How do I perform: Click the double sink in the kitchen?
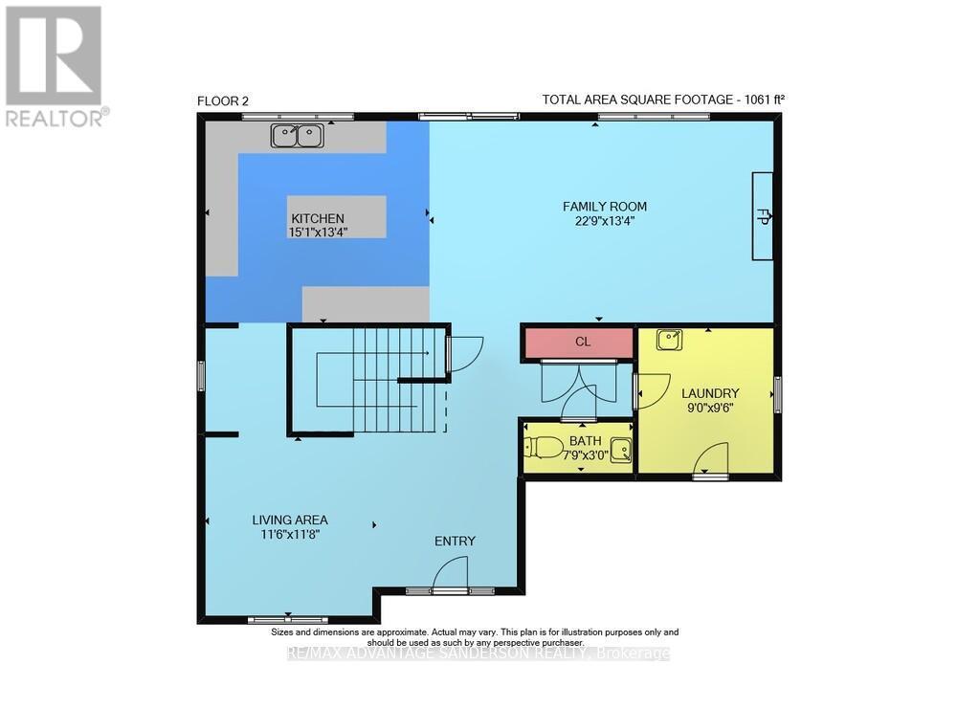point(297,137)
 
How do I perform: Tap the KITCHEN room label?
point(318,218)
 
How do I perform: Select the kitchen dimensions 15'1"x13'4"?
point(318,232)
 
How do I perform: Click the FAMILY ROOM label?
point(604,206)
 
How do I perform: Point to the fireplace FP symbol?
point(764,215)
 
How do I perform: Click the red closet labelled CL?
point(582,342)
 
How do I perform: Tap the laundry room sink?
point(669,339)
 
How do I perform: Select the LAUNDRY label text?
point(710,393)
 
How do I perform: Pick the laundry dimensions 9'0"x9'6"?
point(710,407)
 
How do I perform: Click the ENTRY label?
point(455,541)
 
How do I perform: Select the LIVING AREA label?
point(284,520)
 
